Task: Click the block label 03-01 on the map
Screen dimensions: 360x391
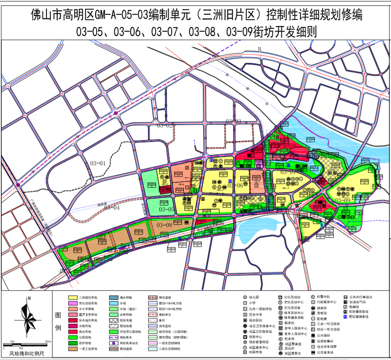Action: [98, 164]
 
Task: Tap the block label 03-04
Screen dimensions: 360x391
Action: [111, 207]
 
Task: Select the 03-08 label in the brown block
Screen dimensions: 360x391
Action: [164, 225]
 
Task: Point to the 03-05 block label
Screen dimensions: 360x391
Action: [166, 209]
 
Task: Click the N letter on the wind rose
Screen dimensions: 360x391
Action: [29, 298]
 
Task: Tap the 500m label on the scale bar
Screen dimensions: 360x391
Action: [48, 341]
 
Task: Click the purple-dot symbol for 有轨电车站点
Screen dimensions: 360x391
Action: [114, 343]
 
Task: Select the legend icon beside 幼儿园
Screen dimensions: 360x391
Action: [245, 298]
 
